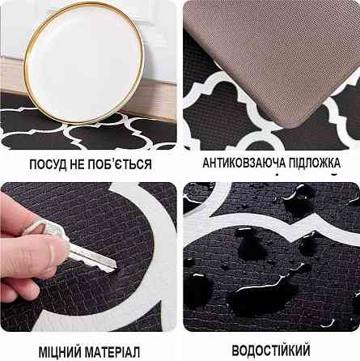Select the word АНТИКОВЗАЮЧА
tap(244, 163)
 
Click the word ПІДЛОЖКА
tap(315, 163)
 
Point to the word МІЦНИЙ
tap(60, 352)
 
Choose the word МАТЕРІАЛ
tap(112, 352)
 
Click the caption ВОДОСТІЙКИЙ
tap(271, 350)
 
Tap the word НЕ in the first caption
tap(77, 164)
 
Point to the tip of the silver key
tap(116, 267)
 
